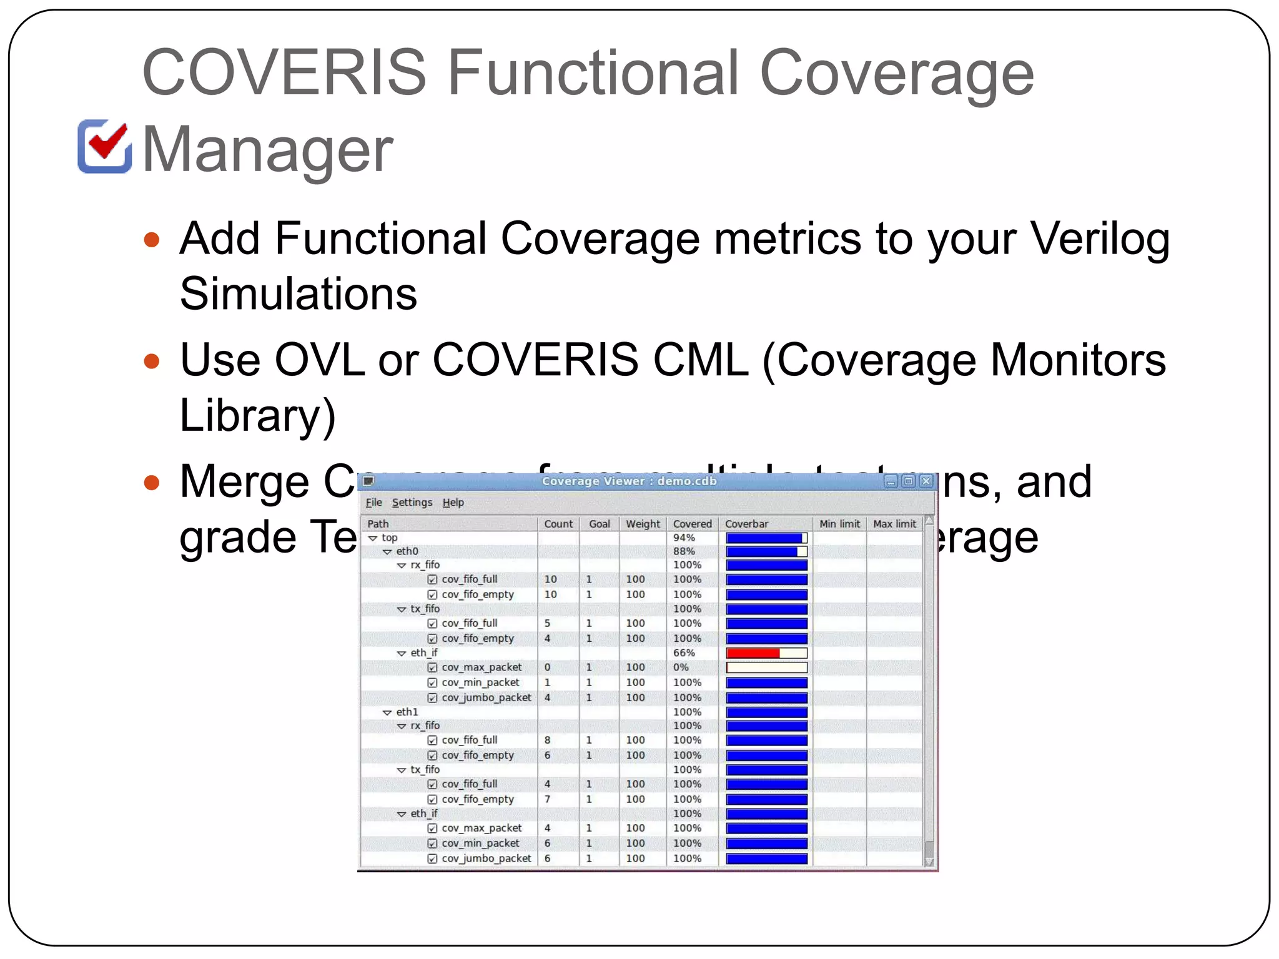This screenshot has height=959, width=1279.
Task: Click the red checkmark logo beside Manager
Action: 105,145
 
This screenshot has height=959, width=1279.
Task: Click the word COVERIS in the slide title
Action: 284,73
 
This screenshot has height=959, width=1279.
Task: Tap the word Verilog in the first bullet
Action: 1099,239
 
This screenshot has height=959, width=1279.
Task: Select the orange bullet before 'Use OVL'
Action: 151,361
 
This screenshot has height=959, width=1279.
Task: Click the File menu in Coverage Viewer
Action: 373,503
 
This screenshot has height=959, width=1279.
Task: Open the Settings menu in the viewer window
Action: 412,503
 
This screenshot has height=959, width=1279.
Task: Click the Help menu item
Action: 453,503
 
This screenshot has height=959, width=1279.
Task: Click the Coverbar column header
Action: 746,524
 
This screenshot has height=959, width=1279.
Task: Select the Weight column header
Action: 643,524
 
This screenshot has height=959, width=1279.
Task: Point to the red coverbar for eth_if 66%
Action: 753,653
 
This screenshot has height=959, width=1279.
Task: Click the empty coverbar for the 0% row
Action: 766,667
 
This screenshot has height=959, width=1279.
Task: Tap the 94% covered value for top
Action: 684,538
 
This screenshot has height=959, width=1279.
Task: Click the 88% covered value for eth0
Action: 684,551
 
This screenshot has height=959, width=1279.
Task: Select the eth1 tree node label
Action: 407,712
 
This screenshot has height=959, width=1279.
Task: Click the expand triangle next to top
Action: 373,538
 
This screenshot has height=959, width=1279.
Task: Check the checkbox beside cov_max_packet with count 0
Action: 432,667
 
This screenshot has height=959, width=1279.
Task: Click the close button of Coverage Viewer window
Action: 926,481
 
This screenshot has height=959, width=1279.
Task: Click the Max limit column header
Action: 894,524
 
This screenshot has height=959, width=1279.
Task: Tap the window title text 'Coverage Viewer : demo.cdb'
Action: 629,481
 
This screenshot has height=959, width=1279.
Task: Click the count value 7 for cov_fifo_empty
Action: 548,799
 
